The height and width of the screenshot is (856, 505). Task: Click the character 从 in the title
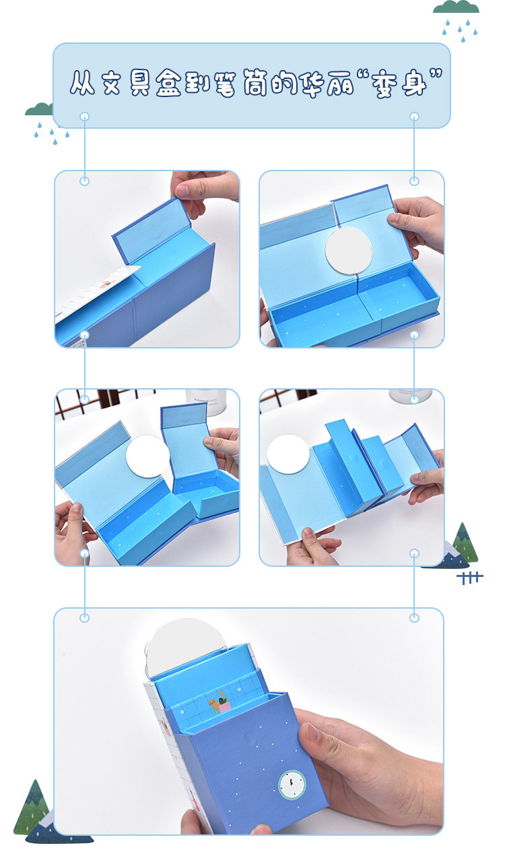[x=82, y=82]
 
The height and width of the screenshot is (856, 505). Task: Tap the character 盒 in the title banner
[x=168, y=82]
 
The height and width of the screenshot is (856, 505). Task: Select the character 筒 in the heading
[x=256, y=82]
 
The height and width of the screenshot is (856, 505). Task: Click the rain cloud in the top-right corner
[x=457, y=20]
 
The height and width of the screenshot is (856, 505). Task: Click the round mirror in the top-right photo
[x=349, y=251]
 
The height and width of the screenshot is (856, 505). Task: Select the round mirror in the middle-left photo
[x=147, y=456]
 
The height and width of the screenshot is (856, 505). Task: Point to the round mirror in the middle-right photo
[x=288, y=454]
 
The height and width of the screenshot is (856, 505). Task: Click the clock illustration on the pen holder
[x=292, y=785]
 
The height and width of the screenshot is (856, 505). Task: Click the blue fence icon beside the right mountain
[x=470, y=578]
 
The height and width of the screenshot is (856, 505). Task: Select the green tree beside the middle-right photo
[x=465, y=543]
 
